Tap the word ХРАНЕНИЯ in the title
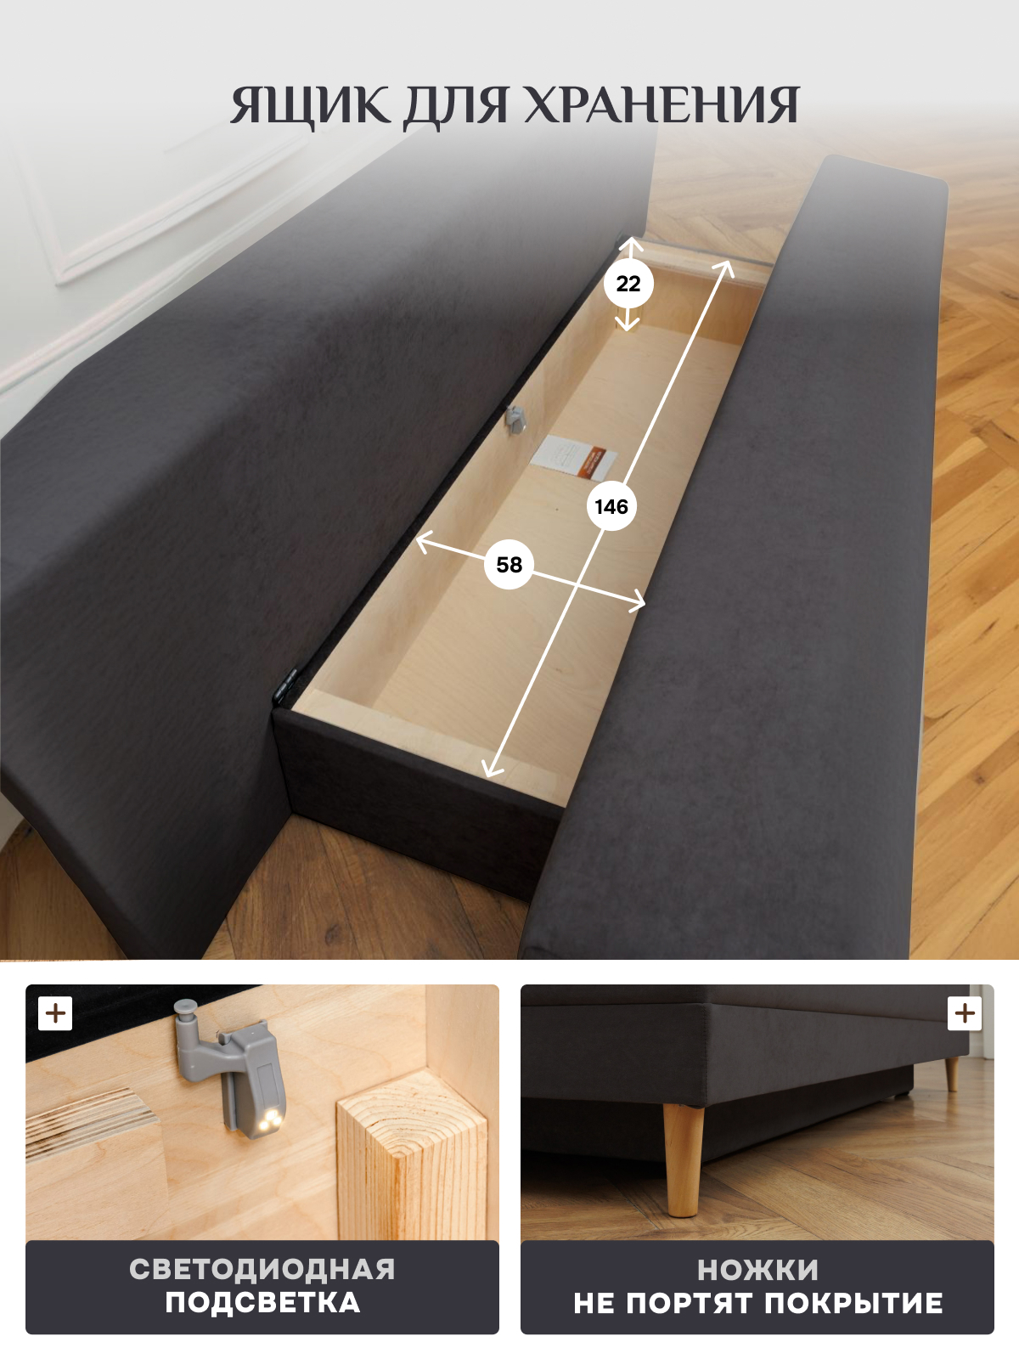(662, 106)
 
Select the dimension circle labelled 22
(628, 285)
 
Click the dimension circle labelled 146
(611, 506)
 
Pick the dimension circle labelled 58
(509, 565)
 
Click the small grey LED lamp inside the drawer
(514, 419)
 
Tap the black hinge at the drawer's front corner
(286, 686)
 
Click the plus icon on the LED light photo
(55, 1013)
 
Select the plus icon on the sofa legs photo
(965, 1013)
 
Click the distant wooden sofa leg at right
(952, 1074)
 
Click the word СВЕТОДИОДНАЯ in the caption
(262, 1269)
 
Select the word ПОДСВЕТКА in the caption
(262, 1303)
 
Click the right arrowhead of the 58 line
(637, 602)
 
